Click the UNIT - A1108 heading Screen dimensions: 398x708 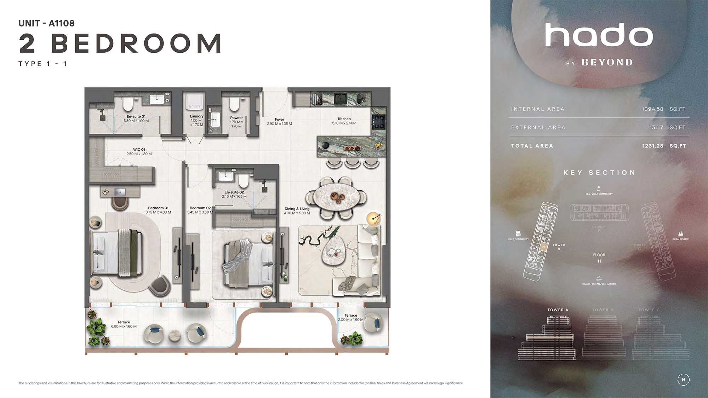pos(46,23)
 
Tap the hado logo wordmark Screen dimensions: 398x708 pos(599,35)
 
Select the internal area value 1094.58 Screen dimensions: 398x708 pos(652,109)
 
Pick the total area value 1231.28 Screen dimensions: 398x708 pos(652,146)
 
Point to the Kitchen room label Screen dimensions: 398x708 pos(344,119)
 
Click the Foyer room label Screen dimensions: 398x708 pos(279,120)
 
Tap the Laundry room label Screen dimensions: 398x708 pos(196,116)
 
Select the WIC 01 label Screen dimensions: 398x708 pos(139,150)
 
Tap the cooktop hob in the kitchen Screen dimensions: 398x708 pos(378,121)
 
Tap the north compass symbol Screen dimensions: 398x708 pos(683,380)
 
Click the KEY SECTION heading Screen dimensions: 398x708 pos(599,173)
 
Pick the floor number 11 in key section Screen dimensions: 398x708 pos(599,261)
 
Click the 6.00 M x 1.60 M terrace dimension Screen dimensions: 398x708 pos(124,327)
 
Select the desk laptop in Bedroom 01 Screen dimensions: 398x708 pos(120,192)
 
